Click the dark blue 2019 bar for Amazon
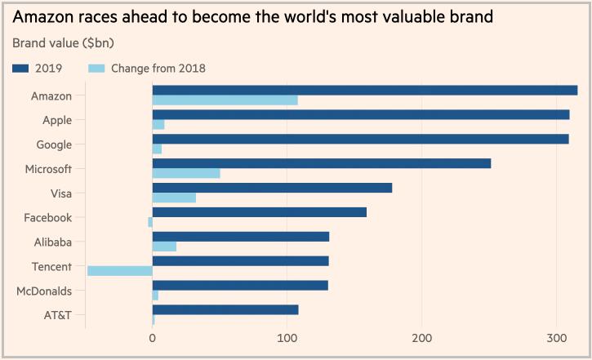point(364,90)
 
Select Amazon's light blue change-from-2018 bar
point(225,100)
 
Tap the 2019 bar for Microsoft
point(321,163)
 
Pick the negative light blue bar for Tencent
point(120,271)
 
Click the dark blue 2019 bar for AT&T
point(225,310)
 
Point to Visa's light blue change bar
point(174,198)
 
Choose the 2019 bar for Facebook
point(259,212)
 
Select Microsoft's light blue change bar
point(186,173)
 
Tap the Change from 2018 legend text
point(158,68)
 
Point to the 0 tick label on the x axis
point(153,339)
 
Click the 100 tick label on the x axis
point(287,339)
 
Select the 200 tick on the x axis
point(421,339)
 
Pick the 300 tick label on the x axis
point(556,339)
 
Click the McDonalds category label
point(44,291)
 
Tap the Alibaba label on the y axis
point(52,242)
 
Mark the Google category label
point(54,144)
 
